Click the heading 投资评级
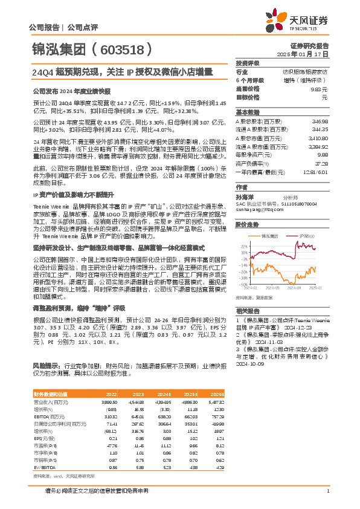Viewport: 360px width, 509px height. (x=248, y=63)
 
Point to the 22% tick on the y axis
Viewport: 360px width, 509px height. (x=243, y=245)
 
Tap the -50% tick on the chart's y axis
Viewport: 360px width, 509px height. (x=243, y=284)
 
